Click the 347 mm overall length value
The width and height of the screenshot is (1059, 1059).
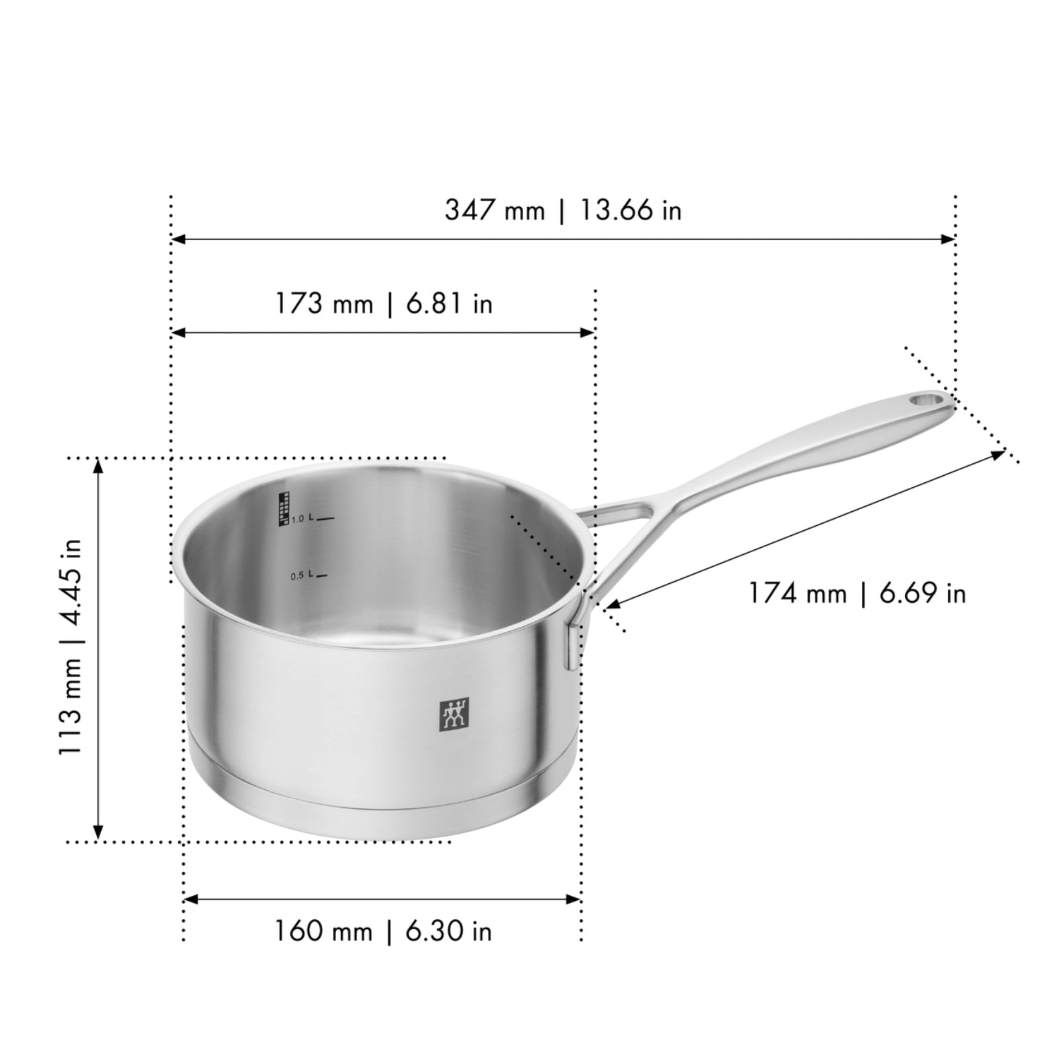point(494,210)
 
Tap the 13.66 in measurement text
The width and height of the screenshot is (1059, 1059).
point(630,210)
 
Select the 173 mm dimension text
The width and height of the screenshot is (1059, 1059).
point(323,304)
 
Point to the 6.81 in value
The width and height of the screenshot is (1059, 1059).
point(449,304)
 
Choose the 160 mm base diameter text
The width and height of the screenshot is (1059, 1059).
point(323,931)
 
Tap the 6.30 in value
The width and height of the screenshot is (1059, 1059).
point(448,931)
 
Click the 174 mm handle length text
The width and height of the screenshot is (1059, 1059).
point(797,593)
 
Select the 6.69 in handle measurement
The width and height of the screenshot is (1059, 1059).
point(922,593)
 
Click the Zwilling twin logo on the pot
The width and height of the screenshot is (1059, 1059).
point(455,715)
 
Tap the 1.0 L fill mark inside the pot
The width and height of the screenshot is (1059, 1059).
point(311,519)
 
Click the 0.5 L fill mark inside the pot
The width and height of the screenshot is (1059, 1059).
point(309,576)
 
